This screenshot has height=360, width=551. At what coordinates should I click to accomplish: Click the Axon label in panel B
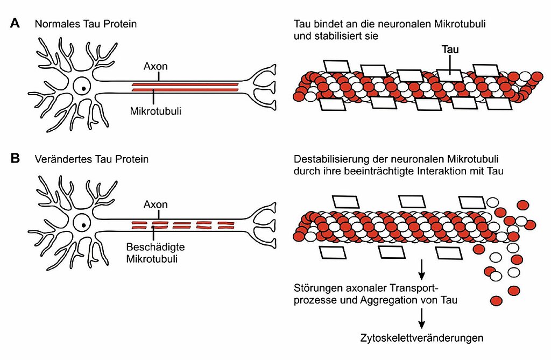pyautogui.click(x=156, y=204)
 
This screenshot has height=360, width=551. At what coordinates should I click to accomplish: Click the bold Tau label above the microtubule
pyautogui.click(x=450, y=49)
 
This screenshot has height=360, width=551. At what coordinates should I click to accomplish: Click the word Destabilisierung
pyautogui.click(x=329, y=160)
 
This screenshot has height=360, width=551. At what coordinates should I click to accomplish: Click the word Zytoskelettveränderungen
pyautogui.click(x=422, y=338)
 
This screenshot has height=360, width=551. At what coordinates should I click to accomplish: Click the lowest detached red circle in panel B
pyautogui.click(x=497, y=300)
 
